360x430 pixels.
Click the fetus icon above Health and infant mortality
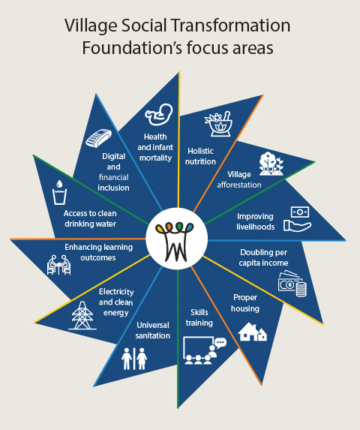tap(159, 114)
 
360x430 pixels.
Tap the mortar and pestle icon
tap(219, 123)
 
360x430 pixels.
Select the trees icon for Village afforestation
tap(271, 164)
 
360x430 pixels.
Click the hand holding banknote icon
tap(298, 219)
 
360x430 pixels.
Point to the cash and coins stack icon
tap(292, 283)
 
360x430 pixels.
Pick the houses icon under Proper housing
tap(252, 332)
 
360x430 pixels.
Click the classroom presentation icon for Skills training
tap(205, 350)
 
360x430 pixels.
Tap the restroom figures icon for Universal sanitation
tap(134, 359)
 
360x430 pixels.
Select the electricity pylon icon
tap(82, 315)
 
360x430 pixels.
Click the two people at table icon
tap(59, 265)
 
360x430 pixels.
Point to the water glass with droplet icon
tap(59, 192)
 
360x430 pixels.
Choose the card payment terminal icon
tap(98, 138)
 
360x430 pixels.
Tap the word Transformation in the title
tap(231, 26)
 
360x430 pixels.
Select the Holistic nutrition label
tap(200, 156)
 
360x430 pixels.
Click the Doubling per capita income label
tap(263, 257)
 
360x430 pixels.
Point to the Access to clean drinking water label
tap(90, 218)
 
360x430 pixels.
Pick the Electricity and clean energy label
tap(116, 302)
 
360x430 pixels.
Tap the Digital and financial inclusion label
tap(113, 172)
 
